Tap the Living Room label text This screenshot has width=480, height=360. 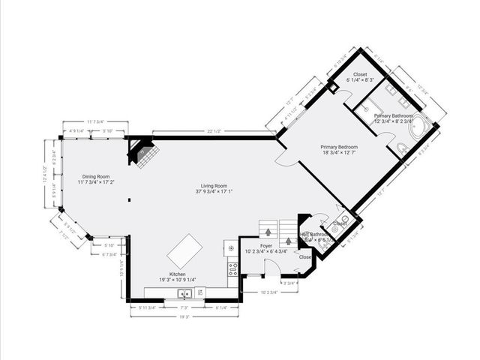(x=214, y=187)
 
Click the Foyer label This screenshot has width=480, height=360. (x=266, y=245)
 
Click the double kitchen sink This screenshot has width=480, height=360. (x=184, y=293)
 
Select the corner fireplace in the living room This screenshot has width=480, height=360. (x=143, y=152)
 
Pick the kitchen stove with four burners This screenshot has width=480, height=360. (x=232, y=268)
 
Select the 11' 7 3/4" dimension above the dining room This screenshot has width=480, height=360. (x=95, y=121)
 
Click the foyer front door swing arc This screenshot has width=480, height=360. (x=287, y=285)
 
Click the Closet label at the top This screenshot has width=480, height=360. (x=356, y=75)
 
